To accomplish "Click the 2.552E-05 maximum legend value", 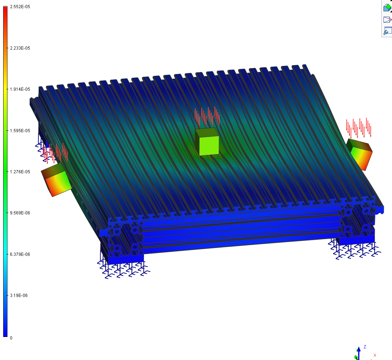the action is click(20, 7).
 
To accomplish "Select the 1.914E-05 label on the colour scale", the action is click(20, 89).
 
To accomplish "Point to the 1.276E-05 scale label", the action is click(20, 172).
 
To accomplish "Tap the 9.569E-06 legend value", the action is click(20, 213).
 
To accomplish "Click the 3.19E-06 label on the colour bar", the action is click(19, 296).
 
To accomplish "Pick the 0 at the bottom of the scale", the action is click(11, 338).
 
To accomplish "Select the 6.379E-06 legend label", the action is click(20, 254).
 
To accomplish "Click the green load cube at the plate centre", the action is click(207, 142).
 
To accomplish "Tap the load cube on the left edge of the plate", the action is click(56, 180).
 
